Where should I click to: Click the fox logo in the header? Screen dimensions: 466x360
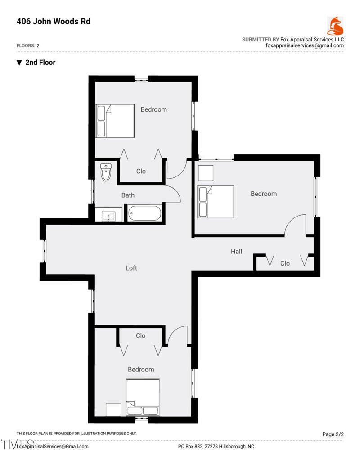pyautogui.click(x=335, y=26)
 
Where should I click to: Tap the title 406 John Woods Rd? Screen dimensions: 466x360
pyautogui.click(x=53, y=21)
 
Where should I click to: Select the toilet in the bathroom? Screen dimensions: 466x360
pyautogui.click(x=106, y=172)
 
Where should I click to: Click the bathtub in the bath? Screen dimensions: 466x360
pyautogui.click(x=144, y=213)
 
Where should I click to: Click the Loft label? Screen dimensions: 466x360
pyautogui.click(x=131, y=268)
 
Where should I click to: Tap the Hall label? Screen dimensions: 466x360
pyautogui.click(x=237, y=251)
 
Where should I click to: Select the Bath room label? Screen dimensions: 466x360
pyautogui.click(x=128, y=195)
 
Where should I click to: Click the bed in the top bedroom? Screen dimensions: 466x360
pyautogui.click(x=115, y=121)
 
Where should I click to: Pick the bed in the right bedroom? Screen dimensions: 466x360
pyautogui.click(x=216, y=203)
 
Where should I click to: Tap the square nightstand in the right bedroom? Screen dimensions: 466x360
pyautogui.click(x=205, y=173)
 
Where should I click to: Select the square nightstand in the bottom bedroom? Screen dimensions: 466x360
pyautogui.click(x=113, y=410)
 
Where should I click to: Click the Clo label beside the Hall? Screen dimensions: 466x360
pyautogui.click(x=285, y=263)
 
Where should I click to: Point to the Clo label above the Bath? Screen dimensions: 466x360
pyautogui.click(x=141, y=171)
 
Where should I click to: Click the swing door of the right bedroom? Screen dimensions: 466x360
pyautogui.click(x=296, y=225)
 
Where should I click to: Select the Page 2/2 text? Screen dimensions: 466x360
pyautogui.click(x=333, y=434)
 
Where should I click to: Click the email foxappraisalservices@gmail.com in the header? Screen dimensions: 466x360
pyautogui.click(x=305, y=45)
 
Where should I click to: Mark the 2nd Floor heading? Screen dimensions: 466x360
pyautogui.click(x=40, y=63)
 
